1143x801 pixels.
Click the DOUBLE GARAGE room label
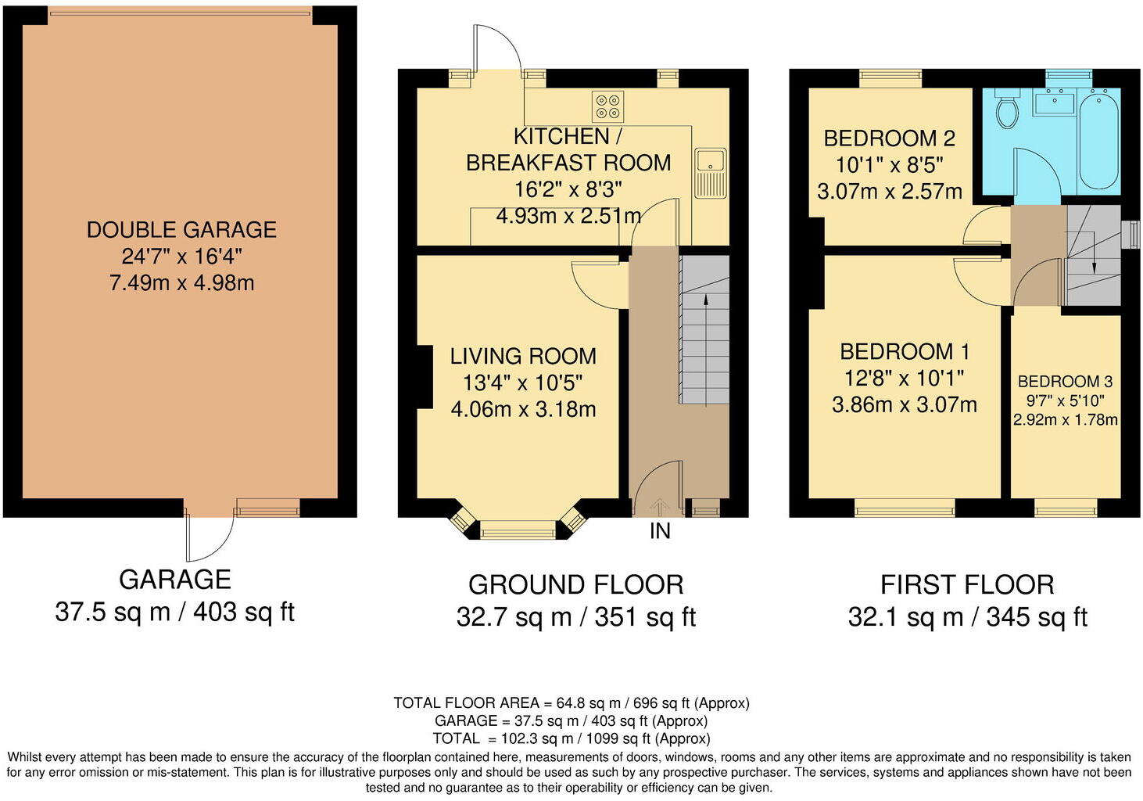[x=181, y=230]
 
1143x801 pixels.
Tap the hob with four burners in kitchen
[x=608, y=106]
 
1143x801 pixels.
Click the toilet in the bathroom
[x=1008, y=110]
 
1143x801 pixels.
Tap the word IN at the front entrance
[x=660, y=531]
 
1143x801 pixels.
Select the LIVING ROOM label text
[x=523, y=357]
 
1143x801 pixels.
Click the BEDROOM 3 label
[x=1065, y=382]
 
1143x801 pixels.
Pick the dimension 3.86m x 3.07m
[x=905, y=405]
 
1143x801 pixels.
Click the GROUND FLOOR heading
[x=575, y=585]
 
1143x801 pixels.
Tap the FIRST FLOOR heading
[x=967, y=585]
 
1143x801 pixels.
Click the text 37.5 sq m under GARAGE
[x=113, y=612]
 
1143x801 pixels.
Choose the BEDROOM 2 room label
[x=889, y=139]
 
